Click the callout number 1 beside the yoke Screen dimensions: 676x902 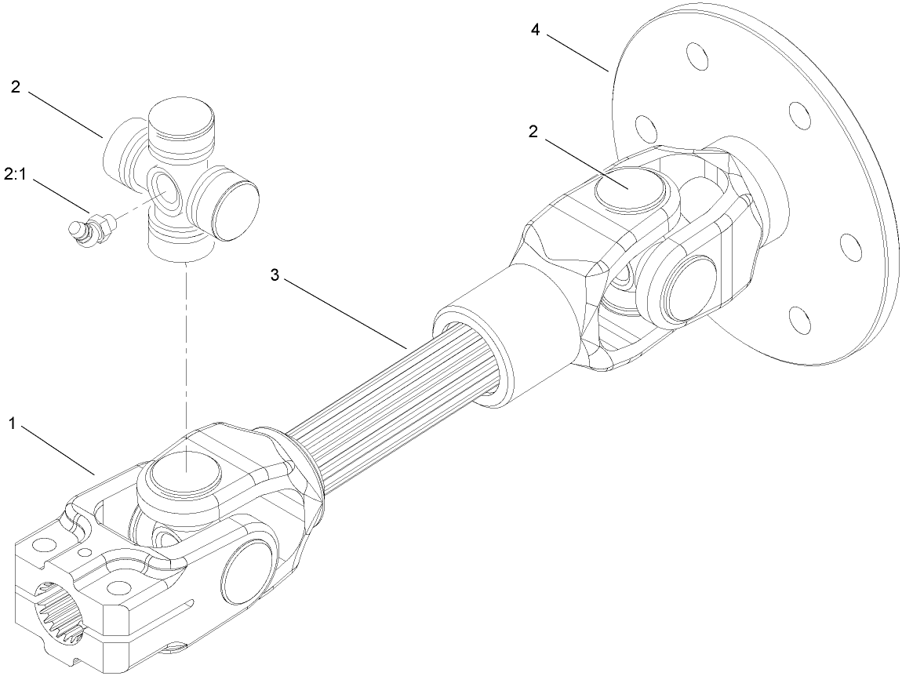13,423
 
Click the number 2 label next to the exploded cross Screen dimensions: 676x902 16,87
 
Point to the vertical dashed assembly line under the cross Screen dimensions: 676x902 185,345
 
